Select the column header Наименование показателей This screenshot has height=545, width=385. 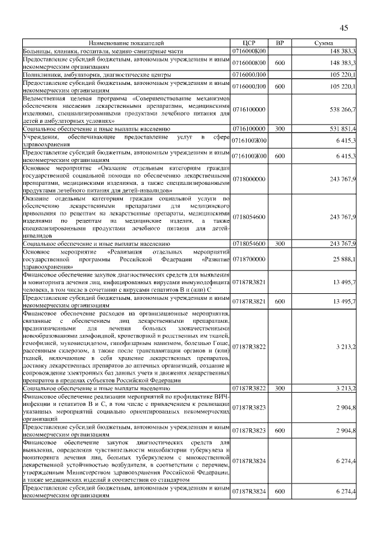pyautogui.click(x=126, y=43)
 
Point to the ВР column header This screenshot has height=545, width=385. pyautogui.click(x=279, y=43)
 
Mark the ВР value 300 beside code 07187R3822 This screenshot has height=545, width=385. pyautogui.click(x=279, y=389)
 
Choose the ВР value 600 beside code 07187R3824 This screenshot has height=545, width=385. pyautogui.click(x=279, y=492)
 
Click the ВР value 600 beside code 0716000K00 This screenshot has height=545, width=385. pyautogui.click(x=279, y=63)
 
